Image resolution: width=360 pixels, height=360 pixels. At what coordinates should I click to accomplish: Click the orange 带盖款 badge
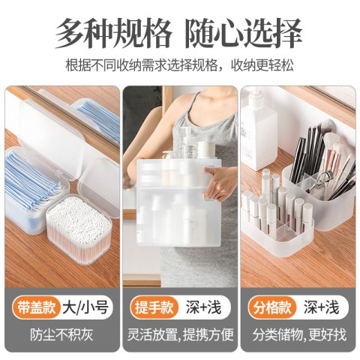point(36,307)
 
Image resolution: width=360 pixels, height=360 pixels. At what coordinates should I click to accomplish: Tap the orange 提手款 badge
point(154,307)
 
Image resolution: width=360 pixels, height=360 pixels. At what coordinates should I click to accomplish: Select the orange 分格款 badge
point(272,307)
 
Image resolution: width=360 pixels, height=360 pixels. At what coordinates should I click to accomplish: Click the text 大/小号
point(85,307)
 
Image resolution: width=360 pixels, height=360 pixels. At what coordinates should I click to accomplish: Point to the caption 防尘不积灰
point(61,334)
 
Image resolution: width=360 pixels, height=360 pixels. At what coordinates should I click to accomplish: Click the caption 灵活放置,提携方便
point(180,334)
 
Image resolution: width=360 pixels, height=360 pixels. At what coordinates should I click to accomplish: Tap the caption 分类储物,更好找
point(299,334)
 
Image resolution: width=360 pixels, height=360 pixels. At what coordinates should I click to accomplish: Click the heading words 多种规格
point(114,33)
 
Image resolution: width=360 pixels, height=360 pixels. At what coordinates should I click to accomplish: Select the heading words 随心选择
point(244,33)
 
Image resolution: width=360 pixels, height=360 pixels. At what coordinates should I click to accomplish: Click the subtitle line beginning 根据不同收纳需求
point(179,65)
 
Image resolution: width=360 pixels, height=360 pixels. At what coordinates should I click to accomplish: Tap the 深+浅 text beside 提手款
point(203,307)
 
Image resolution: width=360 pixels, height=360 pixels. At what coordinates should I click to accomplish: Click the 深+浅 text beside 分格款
point(322,307)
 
